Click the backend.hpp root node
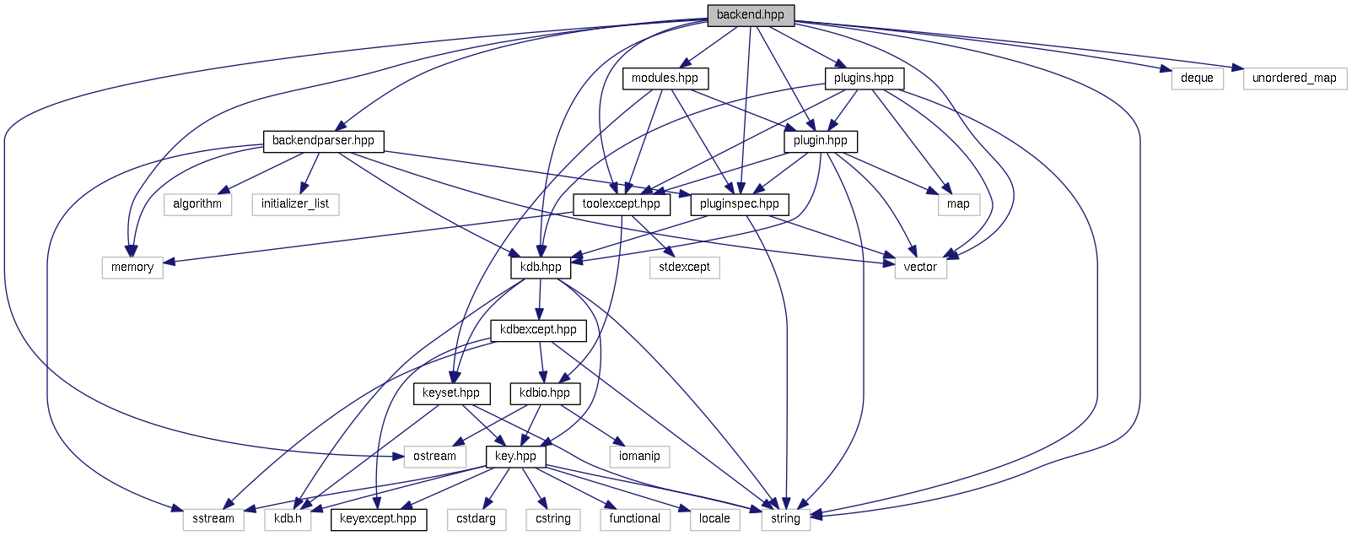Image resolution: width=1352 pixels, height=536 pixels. click(x=751, y=14)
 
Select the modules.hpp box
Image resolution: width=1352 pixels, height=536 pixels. click(x=665, y=79)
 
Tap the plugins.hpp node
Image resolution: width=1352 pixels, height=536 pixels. click(x=864, y=79)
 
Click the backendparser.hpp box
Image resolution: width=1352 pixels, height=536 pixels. click(x=323, y=140)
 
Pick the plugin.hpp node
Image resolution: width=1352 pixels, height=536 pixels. click(x=820, y=140)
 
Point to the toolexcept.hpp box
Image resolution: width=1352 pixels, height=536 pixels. click(x=622, y=203)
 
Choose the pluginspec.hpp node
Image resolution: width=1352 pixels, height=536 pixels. click(x=740, y=203)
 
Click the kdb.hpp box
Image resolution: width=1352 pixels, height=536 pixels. click(x=541, y=267)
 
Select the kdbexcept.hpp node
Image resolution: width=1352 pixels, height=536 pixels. click(x=538, y=329)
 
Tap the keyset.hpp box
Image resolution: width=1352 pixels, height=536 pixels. click(x=451, y=393)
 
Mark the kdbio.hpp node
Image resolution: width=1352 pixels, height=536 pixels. click(x=545, y=393)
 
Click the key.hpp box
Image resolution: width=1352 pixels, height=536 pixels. click(x=515, y=456)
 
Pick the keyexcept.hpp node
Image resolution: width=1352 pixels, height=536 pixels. click(x=378, y=518)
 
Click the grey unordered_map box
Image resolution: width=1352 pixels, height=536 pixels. click(x=1294, y=79)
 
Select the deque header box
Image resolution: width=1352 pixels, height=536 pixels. click(x=1197, y=79)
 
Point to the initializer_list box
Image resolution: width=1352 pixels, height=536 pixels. click(x=295, y=203)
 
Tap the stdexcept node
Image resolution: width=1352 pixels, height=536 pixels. click(x=684, y=267)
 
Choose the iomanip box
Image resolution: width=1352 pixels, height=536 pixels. click(x=639, y=456)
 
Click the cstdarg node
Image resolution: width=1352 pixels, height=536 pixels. click(x=476, y=518)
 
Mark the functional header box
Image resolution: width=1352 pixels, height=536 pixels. click(x=635, y=518)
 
